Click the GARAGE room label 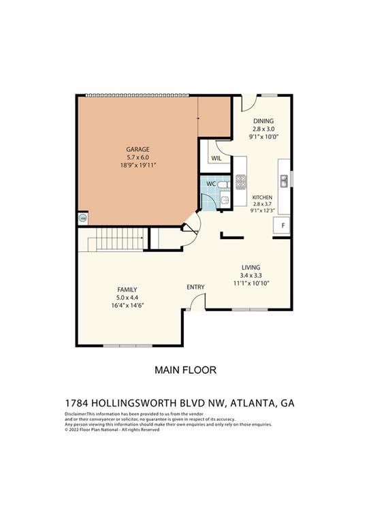[138, 149]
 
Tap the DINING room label [263, 121]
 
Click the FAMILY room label [127, 289]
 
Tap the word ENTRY [195, 287]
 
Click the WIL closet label [216, 158]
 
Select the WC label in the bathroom [211, 183]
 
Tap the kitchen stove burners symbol [240, 181]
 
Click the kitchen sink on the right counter [283, 180]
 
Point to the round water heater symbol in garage [83, 219]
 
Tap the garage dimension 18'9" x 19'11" [138, 165]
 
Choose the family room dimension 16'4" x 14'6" [127, 306]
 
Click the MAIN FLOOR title [185, 370]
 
